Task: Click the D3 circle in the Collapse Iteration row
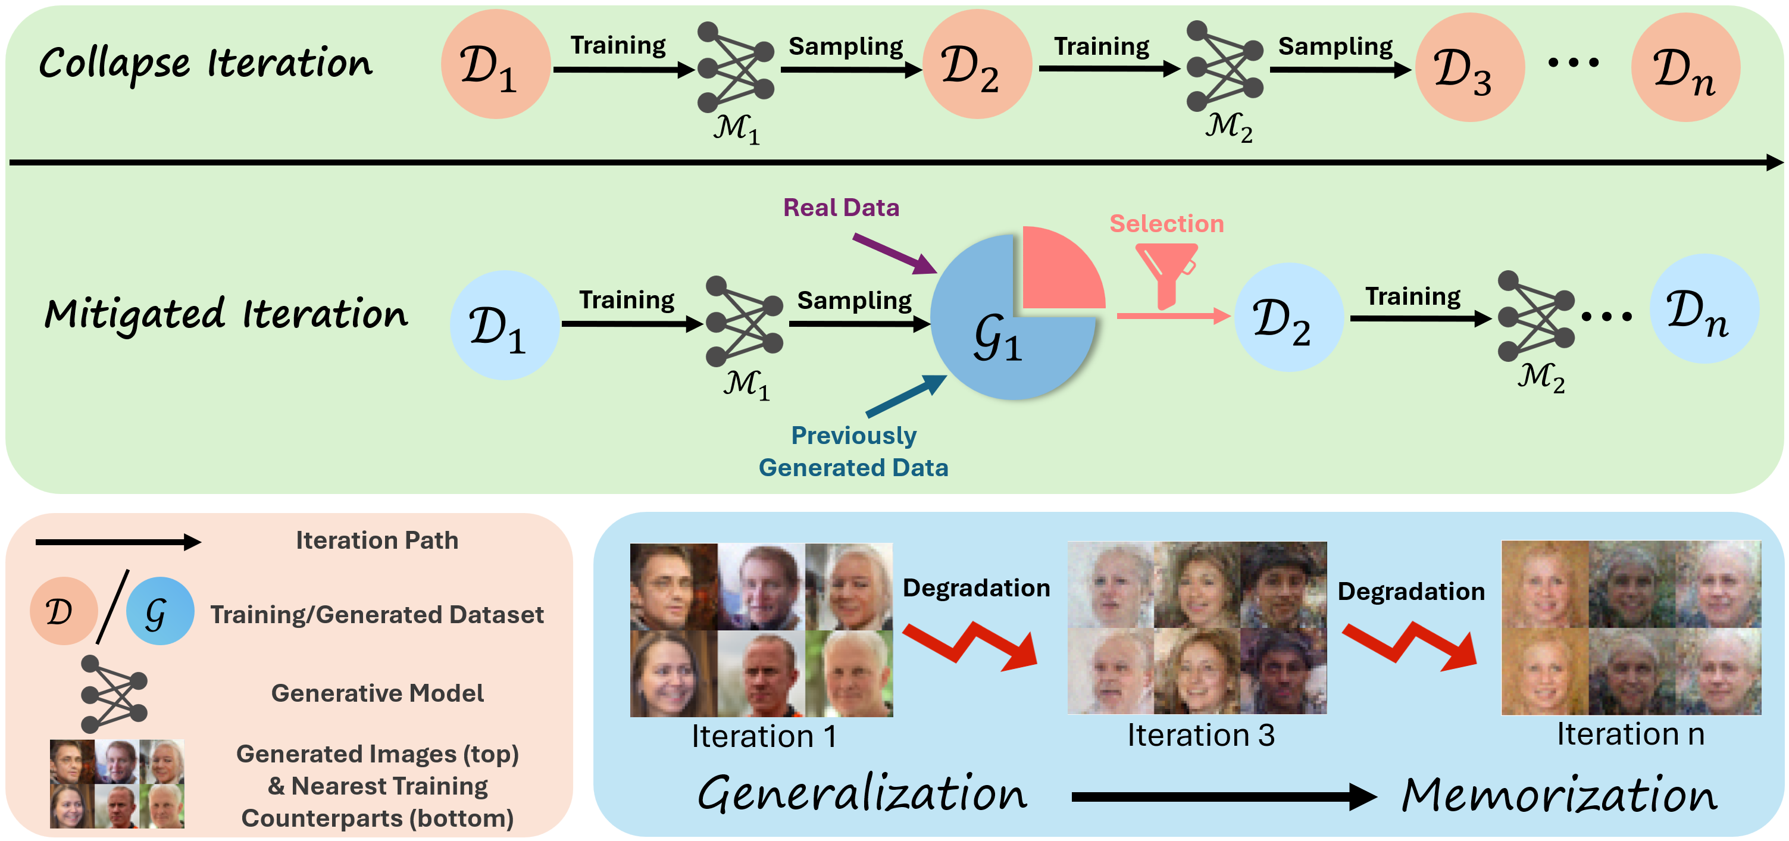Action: click(1469, 68)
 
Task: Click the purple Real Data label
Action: click(840, 208)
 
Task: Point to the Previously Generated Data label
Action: click(853, 451)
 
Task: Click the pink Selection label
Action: click(1166, 224)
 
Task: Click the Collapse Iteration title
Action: click(205, 64)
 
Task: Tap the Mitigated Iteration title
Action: click(226, 315)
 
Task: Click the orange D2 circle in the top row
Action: click(977, 65)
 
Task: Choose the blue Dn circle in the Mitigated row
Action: click(1703, 309)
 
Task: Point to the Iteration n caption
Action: click(1630, 734)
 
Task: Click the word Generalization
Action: click(862, 794)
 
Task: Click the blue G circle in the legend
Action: click(159, 611)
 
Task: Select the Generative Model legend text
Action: click(377, 693)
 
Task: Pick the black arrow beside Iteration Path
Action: click(118, 542)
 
